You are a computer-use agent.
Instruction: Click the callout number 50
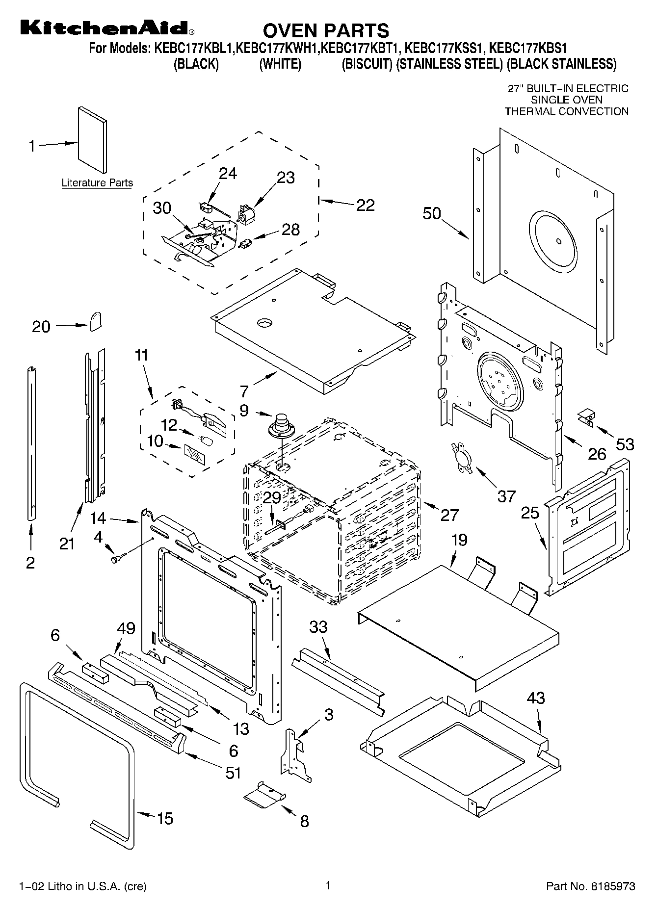pos(432,214)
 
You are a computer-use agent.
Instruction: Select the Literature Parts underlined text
pos(97,183)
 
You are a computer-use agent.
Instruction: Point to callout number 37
pos(506,496)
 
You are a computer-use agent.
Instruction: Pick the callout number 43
pos(535,698)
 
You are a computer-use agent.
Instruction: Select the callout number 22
pos(365,205)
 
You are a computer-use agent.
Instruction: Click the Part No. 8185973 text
pos(591,886)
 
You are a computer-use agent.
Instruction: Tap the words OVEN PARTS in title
pos(326,30)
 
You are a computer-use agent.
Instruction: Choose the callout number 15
pos(165,818)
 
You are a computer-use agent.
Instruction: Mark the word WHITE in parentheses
pos(280,64)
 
